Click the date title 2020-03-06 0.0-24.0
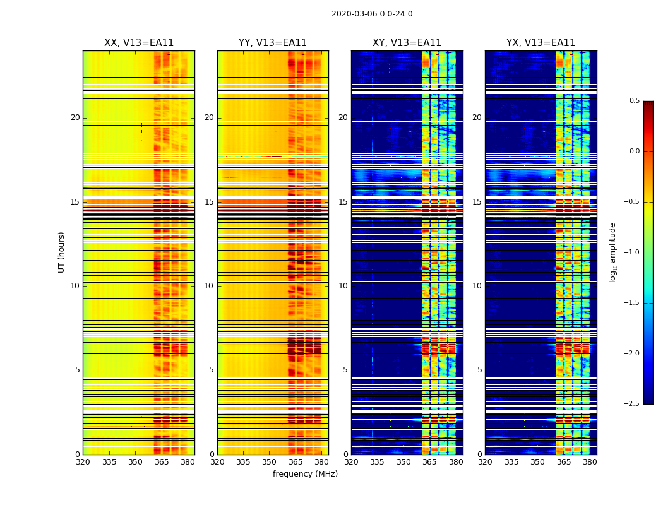tap(372, 14)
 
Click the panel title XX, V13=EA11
tap(139, 43)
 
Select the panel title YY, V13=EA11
tap(273, 43)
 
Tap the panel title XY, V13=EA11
tap(407, 43)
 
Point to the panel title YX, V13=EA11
tap(541, 43)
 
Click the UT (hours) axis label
tap(62, 252)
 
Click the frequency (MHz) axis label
tap(305, 474)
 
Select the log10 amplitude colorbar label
tap(613, 252)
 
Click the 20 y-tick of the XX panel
tap(75, 117)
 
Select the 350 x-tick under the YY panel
tap(270, 462)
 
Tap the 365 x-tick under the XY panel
tap(429, 462)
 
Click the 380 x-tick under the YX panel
tap(590, 462)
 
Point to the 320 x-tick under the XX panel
tap(83, 462)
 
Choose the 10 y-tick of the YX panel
tap(477, 286)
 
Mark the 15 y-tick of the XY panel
tap(343, 202)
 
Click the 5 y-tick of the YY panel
tap(212, 370)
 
